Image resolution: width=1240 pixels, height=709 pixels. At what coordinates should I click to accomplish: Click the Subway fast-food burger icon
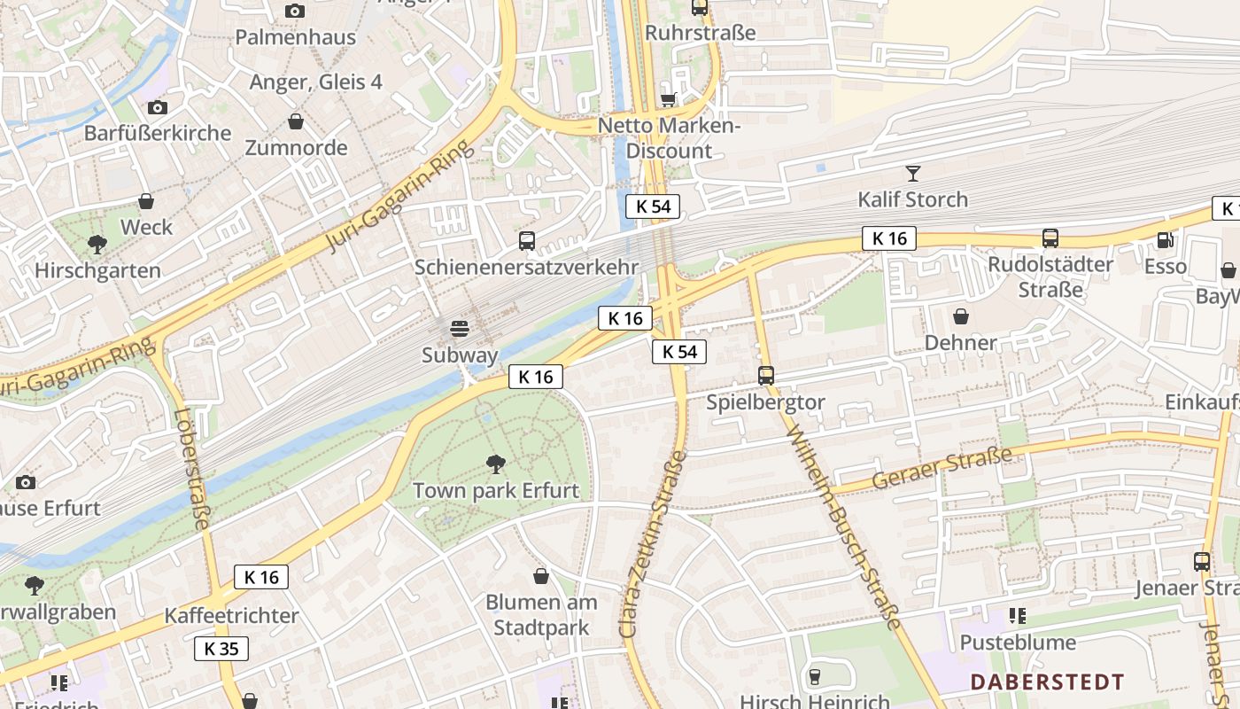point(460,329)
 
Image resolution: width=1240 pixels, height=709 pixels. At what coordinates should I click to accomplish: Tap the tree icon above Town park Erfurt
point(496,464)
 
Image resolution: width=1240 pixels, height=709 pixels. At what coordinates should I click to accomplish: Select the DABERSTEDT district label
point(1047,682)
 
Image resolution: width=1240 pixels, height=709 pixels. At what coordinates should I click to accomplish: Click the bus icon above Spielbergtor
point(766,376)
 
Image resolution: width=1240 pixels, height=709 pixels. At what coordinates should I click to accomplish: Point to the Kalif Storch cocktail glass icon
point(913,173)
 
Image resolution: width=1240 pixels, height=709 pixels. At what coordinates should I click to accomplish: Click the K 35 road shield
point(221,649)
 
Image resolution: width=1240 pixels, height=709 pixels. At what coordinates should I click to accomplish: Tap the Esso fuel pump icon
point(1165,239)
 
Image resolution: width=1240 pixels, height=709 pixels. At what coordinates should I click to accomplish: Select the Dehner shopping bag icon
point(960,316)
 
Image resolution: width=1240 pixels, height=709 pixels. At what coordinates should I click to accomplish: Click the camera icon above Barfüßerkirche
point(158,107)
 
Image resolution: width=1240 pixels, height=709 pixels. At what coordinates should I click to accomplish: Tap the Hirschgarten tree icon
point(97,244)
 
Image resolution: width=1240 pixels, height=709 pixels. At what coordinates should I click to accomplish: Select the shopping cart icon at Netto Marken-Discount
point(669,99)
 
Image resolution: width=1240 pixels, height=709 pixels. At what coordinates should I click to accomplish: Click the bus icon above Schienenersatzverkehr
point(526,240)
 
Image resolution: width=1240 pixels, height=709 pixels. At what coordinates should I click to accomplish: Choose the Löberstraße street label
point(192,470)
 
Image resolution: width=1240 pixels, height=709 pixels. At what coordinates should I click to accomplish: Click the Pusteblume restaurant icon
point(1017,615)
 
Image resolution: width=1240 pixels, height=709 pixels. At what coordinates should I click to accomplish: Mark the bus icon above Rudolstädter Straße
point(1050,238)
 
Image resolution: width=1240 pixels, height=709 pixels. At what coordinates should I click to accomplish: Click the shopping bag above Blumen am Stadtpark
point(541,576)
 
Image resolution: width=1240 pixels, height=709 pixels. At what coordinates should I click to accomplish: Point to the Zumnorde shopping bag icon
point(296,121)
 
